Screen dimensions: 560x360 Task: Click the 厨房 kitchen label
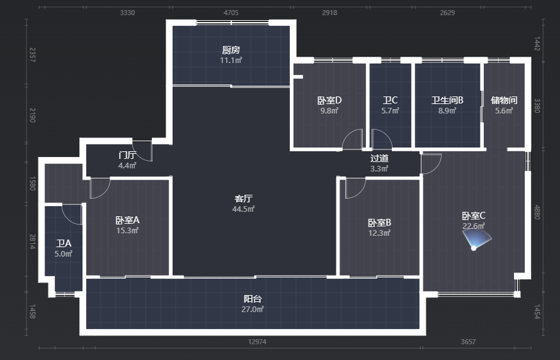231,50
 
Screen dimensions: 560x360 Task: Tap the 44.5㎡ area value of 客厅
243,209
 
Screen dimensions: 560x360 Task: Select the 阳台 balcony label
253,299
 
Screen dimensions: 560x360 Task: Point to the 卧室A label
127,220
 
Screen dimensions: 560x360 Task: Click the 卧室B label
379,223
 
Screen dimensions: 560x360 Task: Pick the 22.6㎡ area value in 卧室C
474,226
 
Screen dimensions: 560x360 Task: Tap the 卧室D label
329,100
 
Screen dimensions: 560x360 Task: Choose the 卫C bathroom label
390,100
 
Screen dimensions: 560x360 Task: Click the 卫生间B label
447,100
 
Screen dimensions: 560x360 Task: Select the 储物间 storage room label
504,100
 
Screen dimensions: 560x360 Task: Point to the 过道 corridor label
379,158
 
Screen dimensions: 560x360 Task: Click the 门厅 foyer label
127,155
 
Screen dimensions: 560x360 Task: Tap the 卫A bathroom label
64,243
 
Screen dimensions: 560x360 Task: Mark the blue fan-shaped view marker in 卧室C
477,239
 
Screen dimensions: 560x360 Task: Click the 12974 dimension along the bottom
257,342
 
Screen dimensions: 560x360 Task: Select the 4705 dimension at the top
231,13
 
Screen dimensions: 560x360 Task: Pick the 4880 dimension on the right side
537,212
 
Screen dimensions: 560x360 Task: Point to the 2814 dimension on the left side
33,241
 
